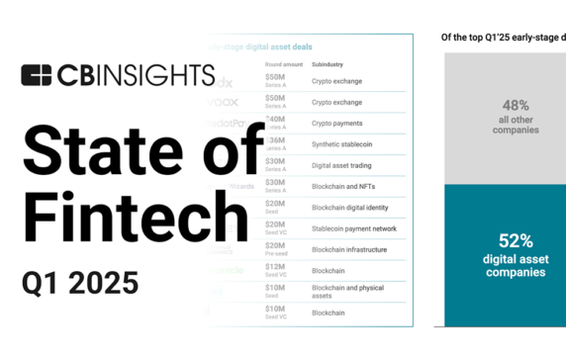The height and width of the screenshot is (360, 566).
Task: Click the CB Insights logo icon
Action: (37, 76)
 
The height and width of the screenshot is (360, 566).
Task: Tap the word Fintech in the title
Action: (136, 212)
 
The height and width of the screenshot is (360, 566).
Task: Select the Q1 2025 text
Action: (80, 282)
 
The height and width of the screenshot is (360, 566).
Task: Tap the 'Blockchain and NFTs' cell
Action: (348, 186)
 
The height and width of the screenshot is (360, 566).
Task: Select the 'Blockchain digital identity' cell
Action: (357, 208)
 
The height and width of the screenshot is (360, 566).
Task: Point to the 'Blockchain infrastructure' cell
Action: (355, 249)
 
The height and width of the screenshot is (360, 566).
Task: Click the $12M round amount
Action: (276, 267)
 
